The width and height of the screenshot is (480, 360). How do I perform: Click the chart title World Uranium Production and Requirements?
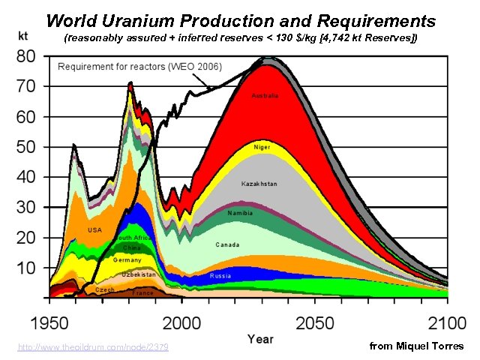240,20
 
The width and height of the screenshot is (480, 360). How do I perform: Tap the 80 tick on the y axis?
27,56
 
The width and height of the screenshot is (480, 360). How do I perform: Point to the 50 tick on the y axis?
27,147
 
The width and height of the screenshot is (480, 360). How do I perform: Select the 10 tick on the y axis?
27,268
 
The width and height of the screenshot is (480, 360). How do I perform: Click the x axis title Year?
260,340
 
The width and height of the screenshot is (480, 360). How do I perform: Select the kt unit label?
25,36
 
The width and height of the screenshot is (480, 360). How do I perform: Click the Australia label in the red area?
265,96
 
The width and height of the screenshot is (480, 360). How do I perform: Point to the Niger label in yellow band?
262,147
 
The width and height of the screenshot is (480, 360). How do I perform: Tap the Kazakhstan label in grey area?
259,184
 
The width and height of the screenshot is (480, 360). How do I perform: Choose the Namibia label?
241,213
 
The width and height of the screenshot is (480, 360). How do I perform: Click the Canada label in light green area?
227,244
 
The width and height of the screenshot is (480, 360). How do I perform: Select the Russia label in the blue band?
220,275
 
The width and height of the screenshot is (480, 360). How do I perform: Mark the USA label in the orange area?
95,229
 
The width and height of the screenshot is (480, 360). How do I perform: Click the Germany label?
127,259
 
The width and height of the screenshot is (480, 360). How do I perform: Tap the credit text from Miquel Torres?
417,346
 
